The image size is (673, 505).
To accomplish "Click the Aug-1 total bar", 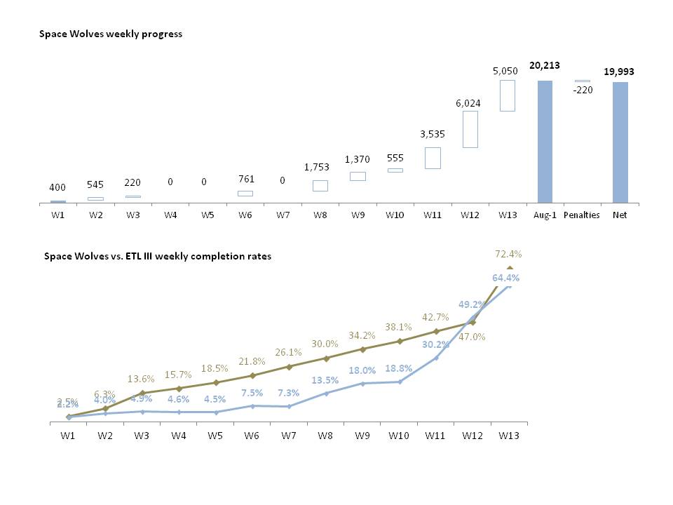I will pyautogui.click(x=545, y=142).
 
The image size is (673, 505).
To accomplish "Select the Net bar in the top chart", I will pyautogui.click(x=620, y=142).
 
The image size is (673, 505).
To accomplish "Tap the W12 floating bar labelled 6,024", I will pyautogui.click(x=470, y=129).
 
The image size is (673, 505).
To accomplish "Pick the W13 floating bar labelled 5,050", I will pyautogui.click(x=508, y=95).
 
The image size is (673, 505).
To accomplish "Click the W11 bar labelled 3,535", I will pyautogui.click(x=433, y=158).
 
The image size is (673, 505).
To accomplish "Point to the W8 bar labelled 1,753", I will pyautogui.click(x=320, y=185).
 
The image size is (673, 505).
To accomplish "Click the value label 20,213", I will pyautogui.click(x=544, y=65).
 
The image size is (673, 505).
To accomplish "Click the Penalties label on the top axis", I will pyautogui.click(x=583, y=215).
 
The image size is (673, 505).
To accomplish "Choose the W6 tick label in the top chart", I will pyautogui.click(x=245, y=215).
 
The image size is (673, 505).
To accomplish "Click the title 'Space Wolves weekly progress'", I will pyautogui.click(x=111, y=34).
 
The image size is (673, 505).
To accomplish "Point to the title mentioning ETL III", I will pyautogui.click(x=158, y=257).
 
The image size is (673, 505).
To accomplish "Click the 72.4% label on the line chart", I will pyautogui.click(x=509, y=253).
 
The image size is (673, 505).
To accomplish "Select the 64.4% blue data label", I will pyautogui.click(x=509, y=278).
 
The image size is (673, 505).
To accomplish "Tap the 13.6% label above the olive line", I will pyautogui.click(x=142, y=379).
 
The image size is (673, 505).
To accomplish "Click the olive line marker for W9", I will pyautogui.click(x=362, y=349).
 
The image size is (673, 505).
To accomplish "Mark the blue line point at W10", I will pyautogui.click(x=400, y=382).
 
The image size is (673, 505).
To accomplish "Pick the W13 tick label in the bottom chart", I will pyautogui.click(x=509, y=436).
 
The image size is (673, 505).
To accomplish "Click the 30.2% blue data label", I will pyautogui.click(x=435, y=344).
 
